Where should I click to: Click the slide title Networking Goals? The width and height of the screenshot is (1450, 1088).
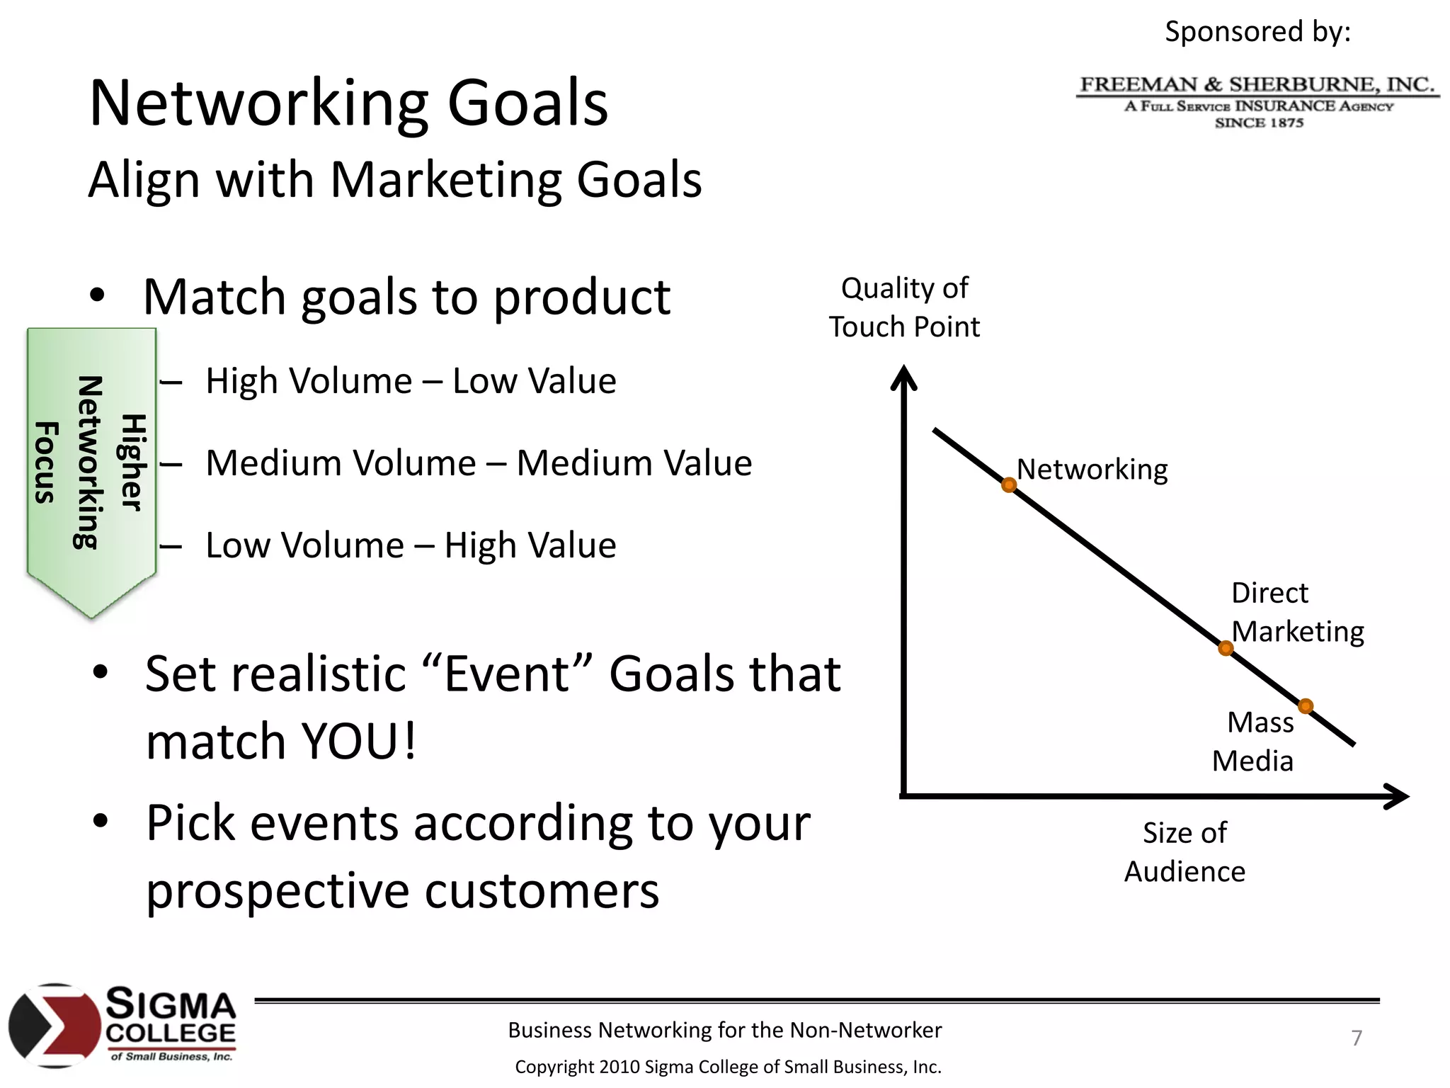tap(348, 103)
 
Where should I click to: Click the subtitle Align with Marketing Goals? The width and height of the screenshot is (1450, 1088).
tap(394, 180)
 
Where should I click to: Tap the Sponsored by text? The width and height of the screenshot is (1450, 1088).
tap(1257, 32)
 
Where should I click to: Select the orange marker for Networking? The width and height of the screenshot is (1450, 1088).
tap(1009, 485)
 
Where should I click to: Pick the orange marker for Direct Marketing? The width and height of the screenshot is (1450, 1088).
tap(1226, 648)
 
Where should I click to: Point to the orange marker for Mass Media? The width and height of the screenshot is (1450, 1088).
tap(1306, 706)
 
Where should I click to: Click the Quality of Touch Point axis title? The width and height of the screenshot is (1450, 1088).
tap(904, 307)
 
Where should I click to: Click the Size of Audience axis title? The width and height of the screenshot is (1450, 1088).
tap(1184, 851)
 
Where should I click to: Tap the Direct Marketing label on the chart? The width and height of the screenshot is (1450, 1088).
tap(1296, 612)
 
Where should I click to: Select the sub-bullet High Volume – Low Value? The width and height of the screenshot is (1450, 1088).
tap(411, 382)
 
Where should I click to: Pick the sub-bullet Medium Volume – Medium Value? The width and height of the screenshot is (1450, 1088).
tap(478, 464)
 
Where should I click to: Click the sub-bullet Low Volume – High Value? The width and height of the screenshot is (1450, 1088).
tap(411, 546)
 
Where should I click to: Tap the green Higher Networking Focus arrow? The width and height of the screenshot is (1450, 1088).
tap(91, 467)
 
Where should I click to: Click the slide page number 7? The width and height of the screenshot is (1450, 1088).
tap(1356, 1038)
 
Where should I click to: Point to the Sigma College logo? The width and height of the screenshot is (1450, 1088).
tap(122, 1025)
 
